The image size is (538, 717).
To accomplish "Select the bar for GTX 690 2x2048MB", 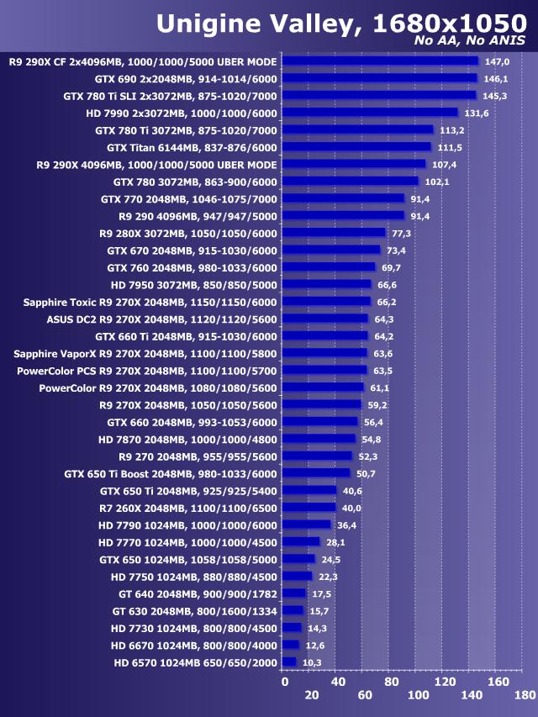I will (x=379, y=78).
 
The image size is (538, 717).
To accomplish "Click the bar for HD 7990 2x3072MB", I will (x=370, y=113).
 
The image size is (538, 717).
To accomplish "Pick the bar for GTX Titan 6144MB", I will (x=356, y=147).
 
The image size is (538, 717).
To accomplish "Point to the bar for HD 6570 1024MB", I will (x=289, y=663).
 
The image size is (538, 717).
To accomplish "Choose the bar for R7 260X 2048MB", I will (x=309, y=508).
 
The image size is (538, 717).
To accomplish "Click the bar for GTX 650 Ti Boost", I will (x=316, y=473).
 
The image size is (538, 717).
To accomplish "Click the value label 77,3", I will (x=402, y=234).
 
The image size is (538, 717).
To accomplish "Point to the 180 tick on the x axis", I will (x=525, y=695).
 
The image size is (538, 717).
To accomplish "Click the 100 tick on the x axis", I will (x=418, y=695).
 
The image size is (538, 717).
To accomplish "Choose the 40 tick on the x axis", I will (x=338, y=682).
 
